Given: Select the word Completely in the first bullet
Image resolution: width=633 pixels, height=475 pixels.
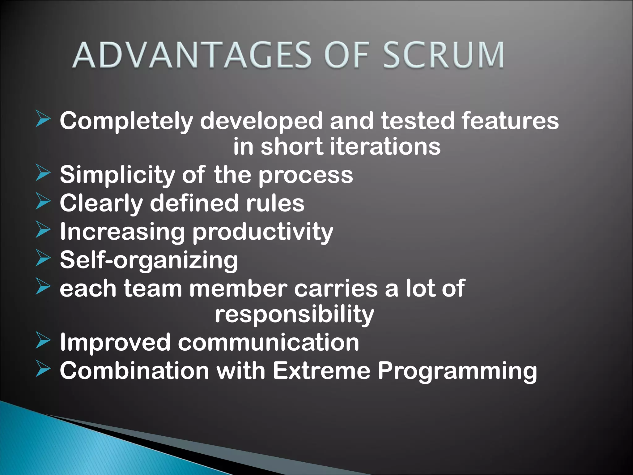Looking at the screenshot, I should [x=126, y=121].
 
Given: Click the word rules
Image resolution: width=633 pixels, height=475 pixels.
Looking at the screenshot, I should [x=275, y=203].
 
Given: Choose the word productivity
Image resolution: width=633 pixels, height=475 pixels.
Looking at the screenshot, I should [x=263, y=232].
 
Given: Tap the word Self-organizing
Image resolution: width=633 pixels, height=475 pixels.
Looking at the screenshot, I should [x=149, y=260].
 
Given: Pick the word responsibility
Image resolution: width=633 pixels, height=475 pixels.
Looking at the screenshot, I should [x=294, y=315].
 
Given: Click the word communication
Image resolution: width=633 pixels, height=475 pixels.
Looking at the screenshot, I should [x=268, y=343].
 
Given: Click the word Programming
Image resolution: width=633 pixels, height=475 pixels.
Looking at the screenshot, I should [x=457, y=371].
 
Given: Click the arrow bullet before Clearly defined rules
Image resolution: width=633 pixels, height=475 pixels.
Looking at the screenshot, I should [x=43, y=201].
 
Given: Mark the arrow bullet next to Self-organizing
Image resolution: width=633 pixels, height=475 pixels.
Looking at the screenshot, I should [x=43, y=258].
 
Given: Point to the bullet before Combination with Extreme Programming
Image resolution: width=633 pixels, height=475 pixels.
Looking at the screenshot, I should [x=43, y=369].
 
